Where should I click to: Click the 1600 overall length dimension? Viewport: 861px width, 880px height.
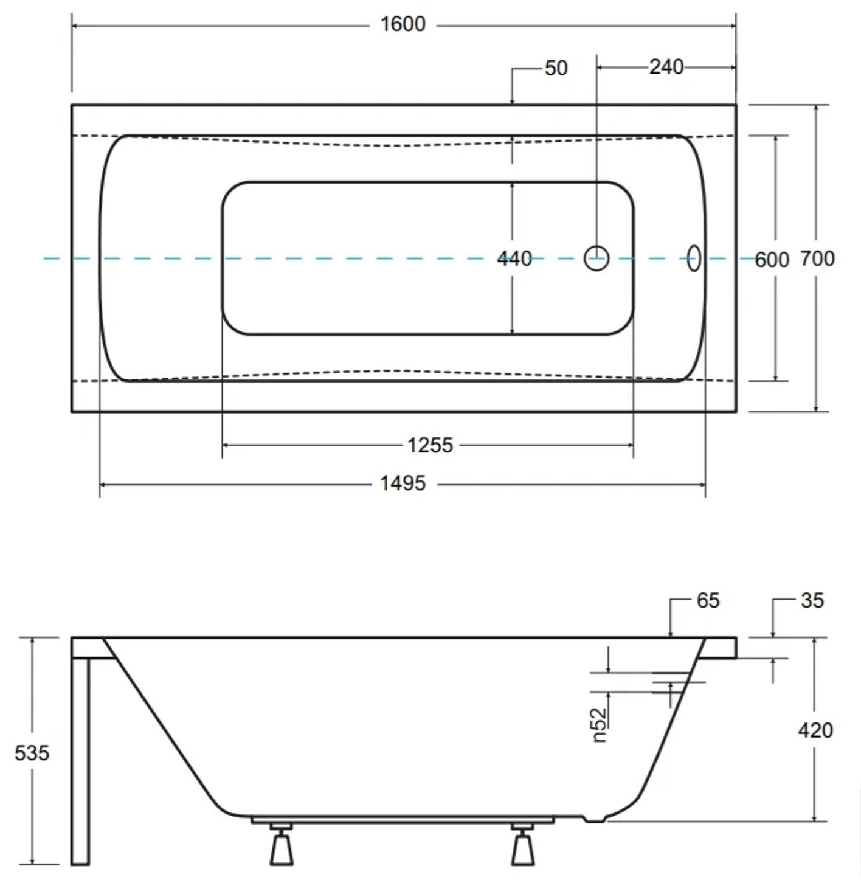(x=403, y=24)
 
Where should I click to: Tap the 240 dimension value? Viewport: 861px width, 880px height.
(x=666, y=68)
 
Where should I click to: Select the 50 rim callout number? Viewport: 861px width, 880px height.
(x=556, y=68)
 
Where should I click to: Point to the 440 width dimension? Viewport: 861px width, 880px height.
(x=514, y=258)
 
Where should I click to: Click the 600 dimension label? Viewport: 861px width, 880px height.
(x=772, y=260)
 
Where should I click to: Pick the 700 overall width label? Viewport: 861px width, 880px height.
(x=818, y=258)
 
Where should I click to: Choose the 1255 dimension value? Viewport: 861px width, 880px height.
(x=430, y=445)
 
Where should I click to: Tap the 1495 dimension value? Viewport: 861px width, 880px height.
(x=403, y=483)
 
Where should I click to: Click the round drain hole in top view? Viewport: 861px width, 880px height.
(x=596, y=258)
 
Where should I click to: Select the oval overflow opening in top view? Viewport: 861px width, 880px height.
(x=694, y=258)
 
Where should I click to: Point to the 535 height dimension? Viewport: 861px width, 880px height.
(x=32, y=753)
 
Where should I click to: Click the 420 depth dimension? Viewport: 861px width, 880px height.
(x=815, y=730)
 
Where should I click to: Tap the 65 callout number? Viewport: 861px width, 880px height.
(x=708, y=600)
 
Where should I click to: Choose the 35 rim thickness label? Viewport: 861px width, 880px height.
(x=812, y=600)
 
